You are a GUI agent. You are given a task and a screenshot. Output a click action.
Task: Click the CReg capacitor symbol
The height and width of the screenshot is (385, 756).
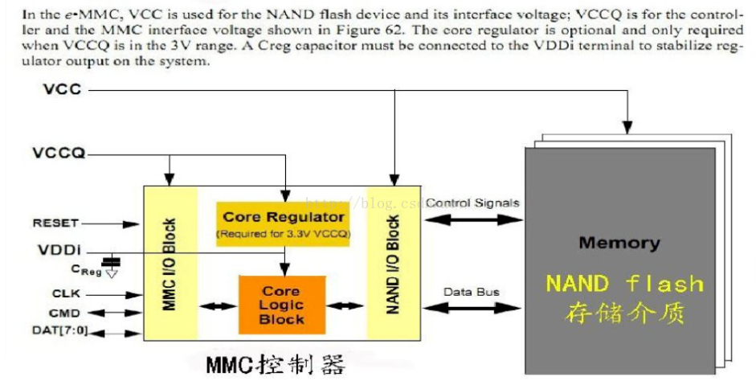tap(112, 263)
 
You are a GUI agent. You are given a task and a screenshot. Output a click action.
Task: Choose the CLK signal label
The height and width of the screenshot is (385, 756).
tap(64, 294)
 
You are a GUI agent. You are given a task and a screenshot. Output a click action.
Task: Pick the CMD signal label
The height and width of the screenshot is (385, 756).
tap(64, 313)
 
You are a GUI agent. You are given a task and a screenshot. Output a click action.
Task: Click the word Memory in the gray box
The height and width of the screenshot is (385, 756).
tap(619, 243)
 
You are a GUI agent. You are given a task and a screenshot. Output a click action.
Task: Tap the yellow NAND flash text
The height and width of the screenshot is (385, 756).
tap(624, 284)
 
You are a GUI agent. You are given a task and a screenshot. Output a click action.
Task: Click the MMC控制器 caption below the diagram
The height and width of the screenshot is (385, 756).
tap(275, 366)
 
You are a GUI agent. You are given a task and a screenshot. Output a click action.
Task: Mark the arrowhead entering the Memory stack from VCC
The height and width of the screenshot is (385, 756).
tap(627, 127)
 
